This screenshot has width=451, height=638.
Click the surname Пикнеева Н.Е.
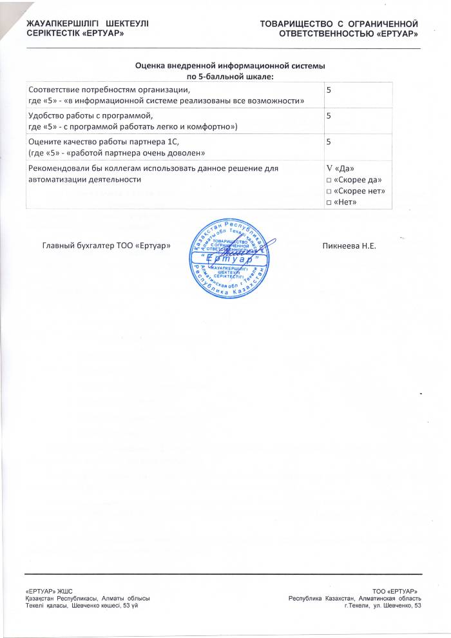click(x=348, y=246)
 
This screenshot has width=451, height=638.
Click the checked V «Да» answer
click(x=341, y=168)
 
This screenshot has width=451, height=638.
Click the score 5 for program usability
click(x=329, y=116)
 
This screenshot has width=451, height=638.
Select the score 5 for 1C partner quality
click(x=329, y=141)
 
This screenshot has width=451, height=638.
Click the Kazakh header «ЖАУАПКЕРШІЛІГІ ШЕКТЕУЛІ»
click(x=87, y=24)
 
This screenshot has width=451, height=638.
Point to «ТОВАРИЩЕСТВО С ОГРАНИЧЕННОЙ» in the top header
click(x=340, y=24)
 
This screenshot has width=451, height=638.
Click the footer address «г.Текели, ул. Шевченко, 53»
click(x=383, y=606)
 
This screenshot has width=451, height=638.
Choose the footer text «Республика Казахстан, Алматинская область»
click(x=355, y=599)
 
